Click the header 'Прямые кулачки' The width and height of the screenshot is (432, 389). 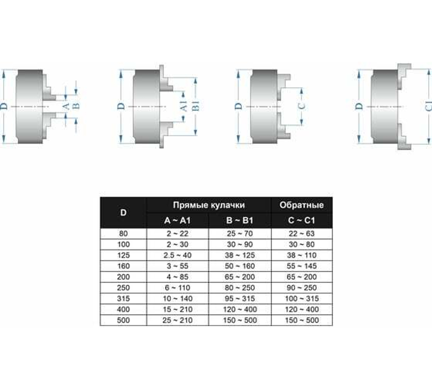(209, 205)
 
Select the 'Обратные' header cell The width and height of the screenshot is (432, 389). (302, 205)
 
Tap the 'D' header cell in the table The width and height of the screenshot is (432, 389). (124, 213)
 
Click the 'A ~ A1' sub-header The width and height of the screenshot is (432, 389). (178, 221)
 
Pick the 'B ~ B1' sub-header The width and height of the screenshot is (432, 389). (240, 221)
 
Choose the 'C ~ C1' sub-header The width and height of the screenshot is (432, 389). (302, 221)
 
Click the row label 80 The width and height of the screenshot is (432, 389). (124, 233)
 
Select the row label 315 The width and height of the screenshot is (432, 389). (124, 299)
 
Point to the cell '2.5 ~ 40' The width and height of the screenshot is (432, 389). (178, 255)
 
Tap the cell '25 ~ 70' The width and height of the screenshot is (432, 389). (240, 233)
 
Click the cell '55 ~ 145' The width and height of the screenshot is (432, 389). (302, 266)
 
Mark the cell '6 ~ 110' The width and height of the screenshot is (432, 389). (178, 288)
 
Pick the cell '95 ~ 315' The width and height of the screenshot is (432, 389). (240, 299)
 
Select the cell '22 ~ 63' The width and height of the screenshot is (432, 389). (302, 233)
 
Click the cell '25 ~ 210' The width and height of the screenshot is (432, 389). (178, 320)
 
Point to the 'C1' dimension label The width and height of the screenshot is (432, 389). (426, 106)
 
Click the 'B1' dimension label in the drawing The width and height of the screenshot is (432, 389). (195, 106)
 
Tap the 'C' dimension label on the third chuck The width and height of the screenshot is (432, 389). (302, 106)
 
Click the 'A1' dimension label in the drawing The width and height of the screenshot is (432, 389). (183, 106)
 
